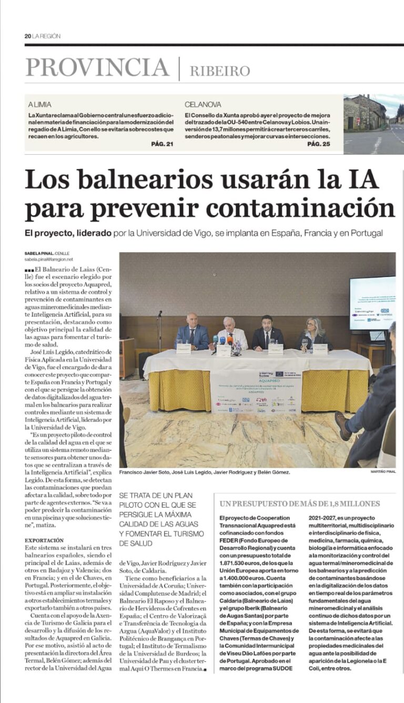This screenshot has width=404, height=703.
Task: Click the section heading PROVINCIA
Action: click(x=97, y=68)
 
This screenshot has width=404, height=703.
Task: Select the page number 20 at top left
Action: click(x=27, y=36)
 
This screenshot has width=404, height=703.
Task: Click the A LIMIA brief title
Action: click(x=39, y=105)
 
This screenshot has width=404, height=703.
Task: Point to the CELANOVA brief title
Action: click(x=203, y=105)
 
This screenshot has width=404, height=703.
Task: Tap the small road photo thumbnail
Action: click(x=373, y=124)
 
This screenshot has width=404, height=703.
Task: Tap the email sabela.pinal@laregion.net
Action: click(x=48, y=259)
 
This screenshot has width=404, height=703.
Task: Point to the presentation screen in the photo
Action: click(x=372, y=303)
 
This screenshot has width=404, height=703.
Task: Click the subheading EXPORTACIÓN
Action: click(x=44, y=540)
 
